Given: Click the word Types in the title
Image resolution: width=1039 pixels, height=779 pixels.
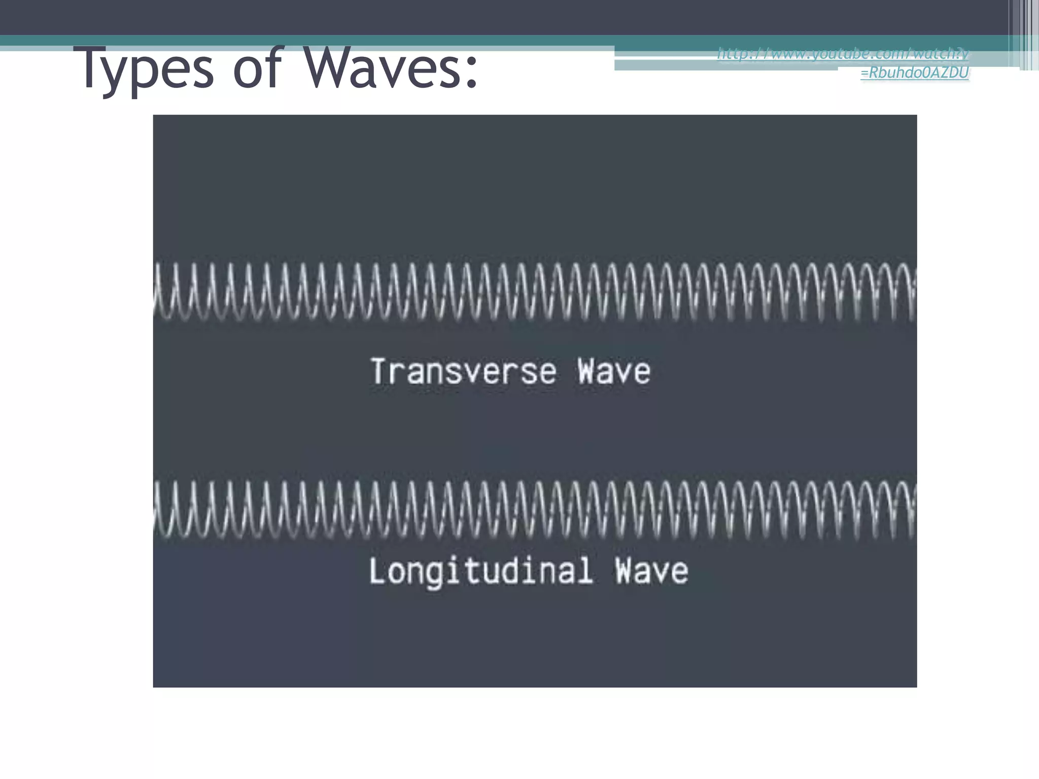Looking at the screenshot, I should (147, 68).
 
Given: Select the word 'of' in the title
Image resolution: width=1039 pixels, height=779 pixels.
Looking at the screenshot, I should (256, 68).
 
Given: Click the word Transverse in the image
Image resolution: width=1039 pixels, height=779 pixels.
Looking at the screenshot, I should (464, 372).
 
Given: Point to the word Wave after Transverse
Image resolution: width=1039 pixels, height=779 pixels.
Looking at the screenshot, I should (614, 372).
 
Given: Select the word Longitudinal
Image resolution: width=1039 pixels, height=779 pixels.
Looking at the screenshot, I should (481, 571).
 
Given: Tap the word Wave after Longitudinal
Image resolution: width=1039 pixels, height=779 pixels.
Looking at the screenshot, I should (652, 571).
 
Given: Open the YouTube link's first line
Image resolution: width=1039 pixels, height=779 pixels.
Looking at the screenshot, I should (843, 54).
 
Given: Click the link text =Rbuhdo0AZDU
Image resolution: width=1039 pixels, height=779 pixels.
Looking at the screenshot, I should (914, 73).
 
